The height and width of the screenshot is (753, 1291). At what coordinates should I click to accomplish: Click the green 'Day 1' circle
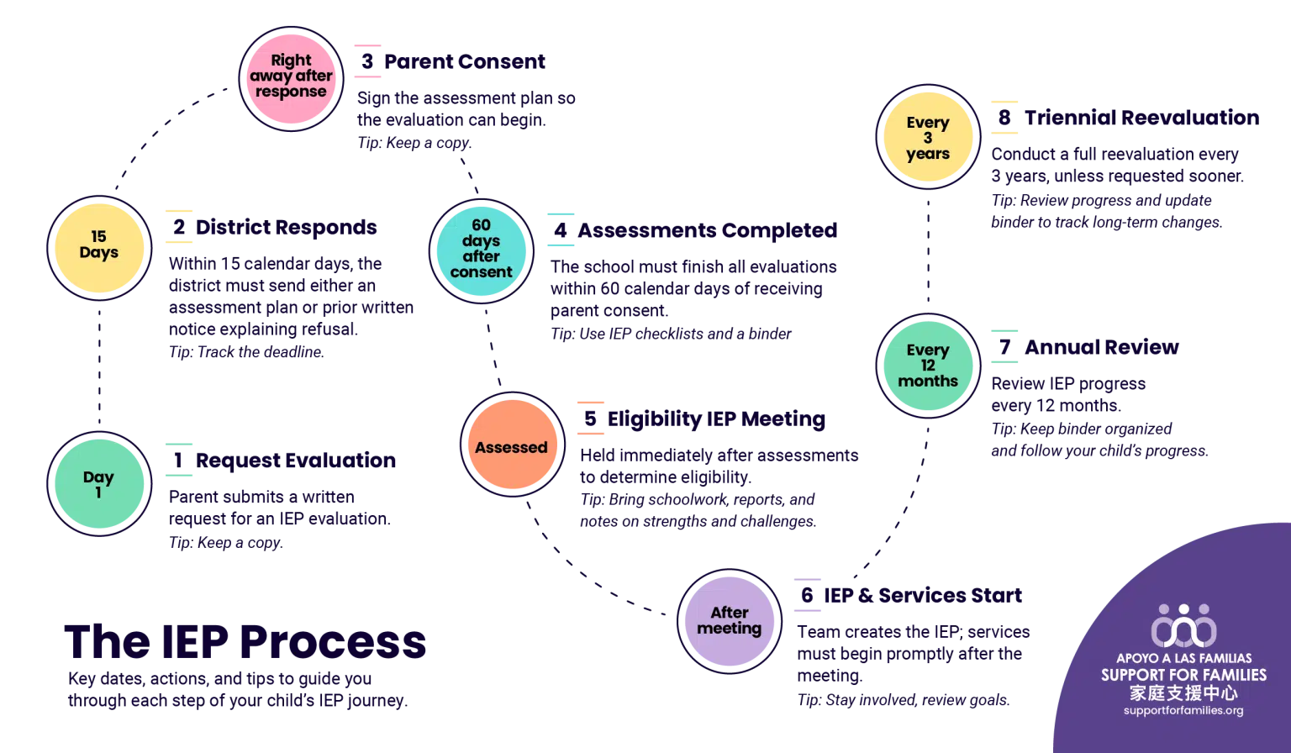point(99,484)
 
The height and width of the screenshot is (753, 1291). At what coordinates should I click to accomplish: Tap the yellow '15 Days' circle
point(99,245)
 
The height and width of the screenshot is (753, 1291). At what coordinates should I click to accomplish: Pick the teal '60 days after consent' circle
point(482,249)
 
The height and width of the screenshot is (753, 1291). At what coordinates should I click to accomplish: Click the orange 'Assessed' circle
point(511,446)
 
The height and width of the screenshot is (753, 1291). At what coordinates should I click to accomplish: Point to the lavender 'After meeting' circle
point(729,620)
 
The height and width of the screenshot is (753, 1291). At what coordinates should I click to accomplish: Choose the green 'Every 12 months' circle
point(927,366)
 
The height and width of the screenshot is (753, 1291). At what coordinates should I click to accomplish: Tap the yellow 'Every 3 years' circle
point(927,138)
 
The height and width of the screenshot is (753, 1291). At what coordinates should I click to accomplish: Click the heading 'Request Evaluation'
point(295,461)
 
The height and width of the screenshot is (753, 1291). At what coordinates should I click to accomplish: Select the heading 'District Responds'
point(286,227)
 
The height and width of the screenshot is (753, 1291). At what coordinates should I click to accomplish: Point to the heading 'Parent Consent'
point(465,61)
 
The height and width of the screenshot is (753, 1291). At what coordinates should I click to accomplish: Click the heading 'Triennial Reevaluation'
point(1141,118)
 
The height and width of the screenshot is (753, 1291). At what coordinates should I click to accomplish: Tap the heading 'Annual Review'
point(1102,346)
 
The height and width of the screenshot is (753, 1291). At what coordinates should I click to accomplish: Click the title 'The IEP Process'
point(246,642)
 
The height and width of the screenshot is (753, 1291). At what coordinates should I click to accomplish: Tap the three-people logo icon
point(1183,625)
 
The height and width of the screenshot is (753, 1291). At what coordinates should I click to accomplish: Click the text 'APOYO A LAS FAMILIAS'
point(1183,658)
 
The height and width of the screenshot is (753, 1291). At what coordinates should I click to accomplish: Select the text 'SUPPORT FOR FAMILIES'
point(1183,675)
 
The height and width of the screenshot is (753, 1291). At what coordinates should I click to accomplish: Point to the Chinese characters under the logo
point(1183,693)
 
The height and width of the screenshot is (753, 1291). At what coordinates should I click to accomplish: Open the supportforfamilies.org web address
point(1183,711)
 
